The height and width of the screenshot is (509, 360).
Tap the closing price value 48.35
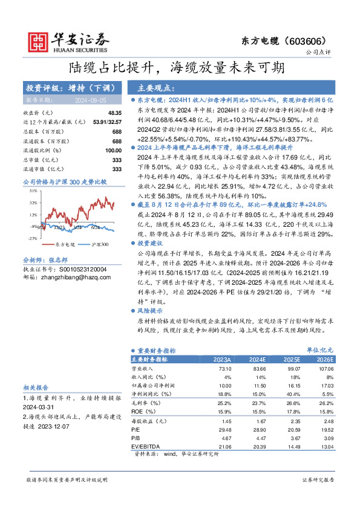[x=114, y=113]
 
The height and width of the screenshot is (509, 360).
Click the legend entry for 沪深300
[x=99, y=244]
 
